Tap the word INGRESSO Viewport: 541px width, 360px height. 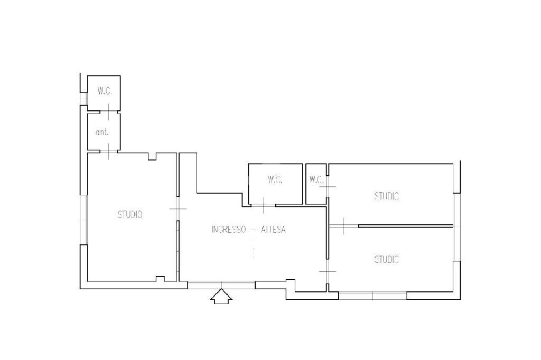point(228,229)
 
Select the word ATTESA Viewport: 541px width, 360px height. point(273,229)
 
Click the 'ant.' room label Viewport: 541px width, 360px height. point(102,132)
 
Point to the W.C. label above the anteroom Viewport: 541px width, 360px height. point(104,91)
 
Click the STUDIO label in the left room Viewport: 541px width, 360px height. point(130,214)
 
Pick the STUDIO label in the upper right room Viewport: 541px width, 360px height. point(386,196)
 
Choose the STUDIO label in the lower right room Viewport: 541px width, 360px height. point(386,259)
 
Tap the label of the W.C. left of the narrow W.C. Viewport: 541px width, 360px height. point(275,179)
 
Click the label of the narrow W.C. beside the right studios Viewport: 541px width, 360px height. point(316,179)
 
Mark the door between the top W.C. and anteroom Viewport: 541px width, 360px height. point(109,111)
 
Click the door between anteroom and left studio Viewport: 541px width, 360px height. point(109,151)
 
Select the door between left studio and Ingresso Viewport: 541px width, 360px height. point(178,209)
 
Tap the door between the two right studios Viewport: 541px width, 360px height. point(344,226)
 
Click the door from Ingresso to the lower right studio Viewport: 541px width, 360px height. point(328,272)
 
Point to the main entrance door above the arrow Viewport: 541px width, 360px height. point(221,285)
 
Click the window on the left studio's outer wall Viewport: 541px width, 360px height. point(83,220)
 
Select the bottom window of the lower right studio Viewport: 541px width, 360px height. point(372,296)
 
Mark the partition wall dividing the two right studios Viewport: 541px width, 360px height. point(406,226)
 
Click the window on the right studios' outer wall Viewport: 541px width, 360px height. point(457,227)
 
